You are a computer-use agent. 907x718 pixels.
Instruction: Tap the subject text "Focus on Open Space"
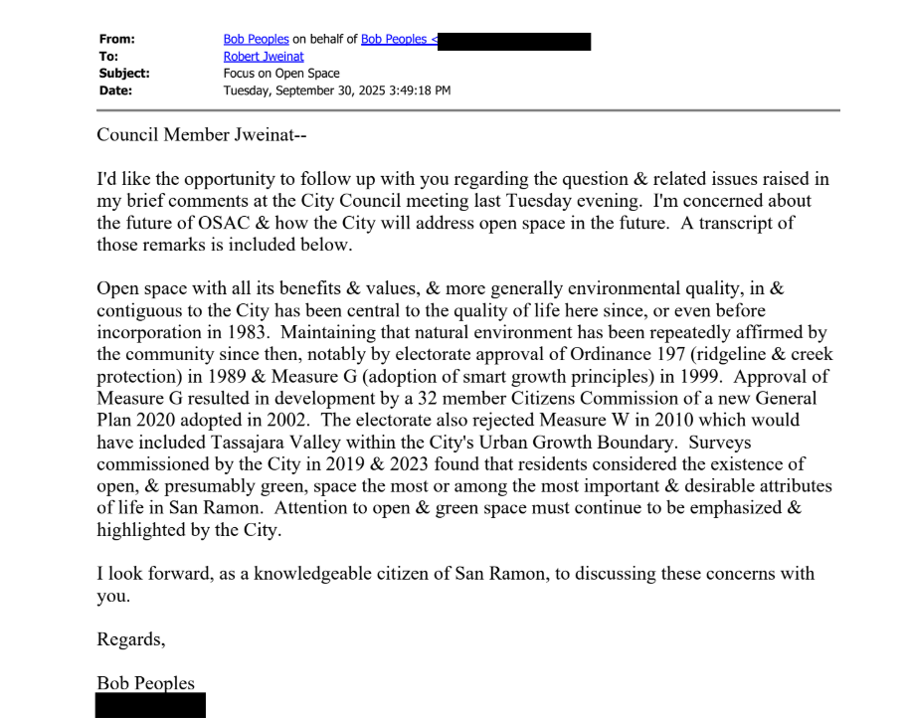click(281, 74)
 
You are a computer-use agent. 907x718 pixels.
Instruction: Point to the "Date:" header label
click(114, 90)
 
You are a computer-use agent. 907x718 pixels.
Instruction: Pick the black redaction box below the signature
click(150, 705)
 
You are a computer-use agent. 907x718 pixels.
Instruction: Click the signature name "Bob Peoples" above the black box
click(145, 683)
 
